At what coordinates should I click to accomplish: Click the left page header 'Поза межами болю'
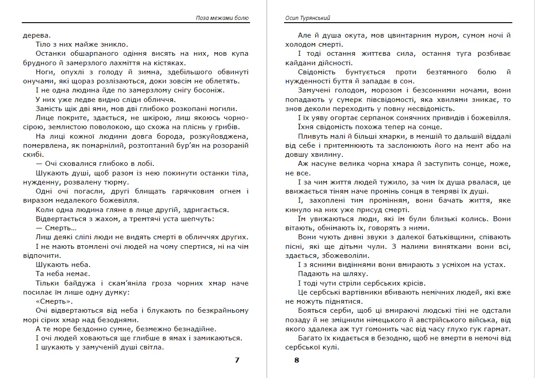222,18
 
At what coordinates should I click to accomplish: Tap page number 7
237,360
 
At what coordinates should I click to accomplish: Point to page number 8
297,360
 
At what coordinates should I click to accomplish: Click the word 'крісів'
411,283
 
